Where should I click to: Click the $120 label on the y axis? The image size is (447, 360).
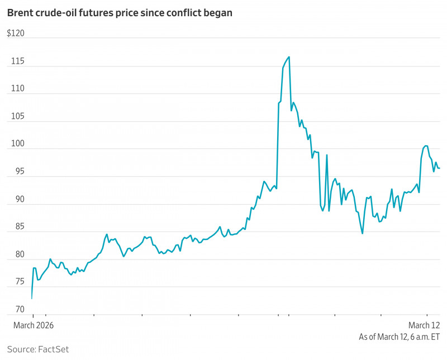click(x=17, y=33)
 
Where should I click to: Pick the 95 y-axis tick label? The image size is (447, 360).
click(x=14, y=172)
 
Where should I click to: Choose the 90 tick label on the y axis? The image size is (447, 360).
click(x=14, y=199)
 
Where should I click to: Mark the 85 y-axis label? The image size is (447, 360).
click(x=14, y=227)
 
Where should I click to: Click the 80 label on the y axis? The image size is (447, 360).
click(x=14, y=255)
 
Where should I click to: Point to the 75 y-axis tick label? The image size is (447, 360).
click(x=14, y=282)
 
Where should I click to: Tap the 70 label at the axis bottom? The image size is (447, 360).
click(x=14, y=310)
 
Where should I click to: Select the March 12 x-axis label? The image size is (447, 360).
click(x=424, y=325)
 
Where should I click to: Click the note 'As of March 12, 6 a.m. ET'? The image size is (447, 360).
click(x=400, y=337)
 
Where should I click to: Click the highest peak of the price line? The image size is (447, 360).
click(x=289, y=56)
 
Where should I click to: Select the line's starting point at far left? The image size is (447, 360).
click(x=31, y=299)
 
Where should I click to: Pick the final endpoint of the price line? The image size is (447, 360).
click(x=440, y=168)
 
